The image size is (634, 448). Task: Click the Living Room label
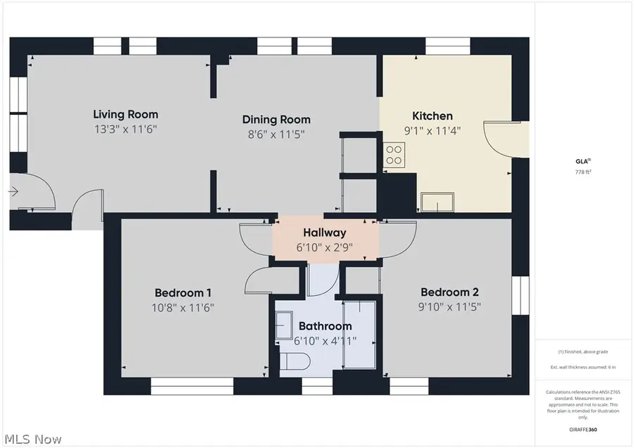pyautogui.click(x=125, y=114)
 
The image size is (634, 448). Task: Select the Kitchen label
pyautogui.click(x=432, y=116)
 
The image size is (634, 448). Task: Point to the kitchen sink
pyautogui.click(x=437, y=203)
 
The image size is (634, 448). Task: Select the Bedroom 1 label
pyautogui.click(x=183, y=292)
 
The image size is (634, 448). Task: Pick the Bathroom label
pyautogui.click(x=325, y=326)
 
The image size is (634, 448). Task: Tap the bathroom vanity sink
pyautogui.click(x=285, y=327)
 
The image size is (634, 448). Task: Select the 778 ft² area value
pyautogui.click(x=583, y=172)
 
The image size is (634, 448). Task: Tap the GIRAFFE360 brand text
pyautogui.click(x=583, y=429)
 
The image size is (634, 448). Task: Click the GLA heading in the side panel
pyautogui.click(x=582, y=161)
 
